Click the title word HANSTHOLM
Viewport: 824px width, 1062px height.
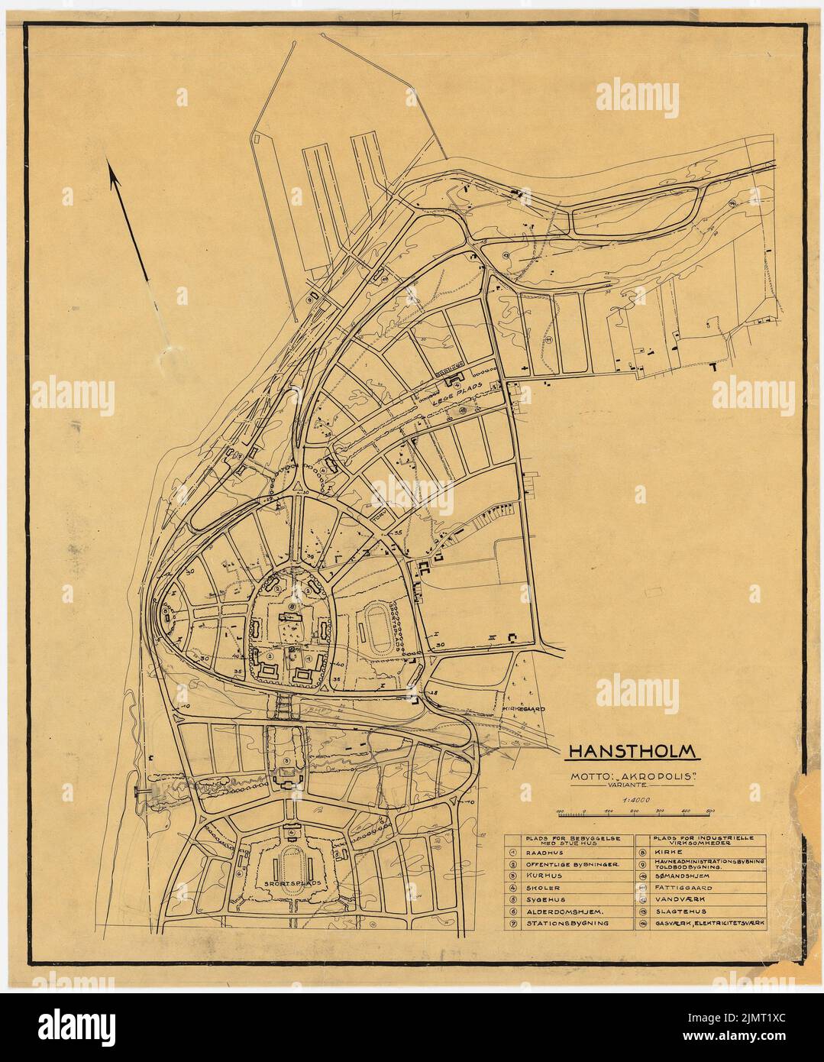632,751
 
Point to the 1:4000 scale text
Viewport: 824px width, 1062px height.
634,800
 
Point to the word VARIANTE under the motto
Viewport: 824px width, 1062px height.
635,787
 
